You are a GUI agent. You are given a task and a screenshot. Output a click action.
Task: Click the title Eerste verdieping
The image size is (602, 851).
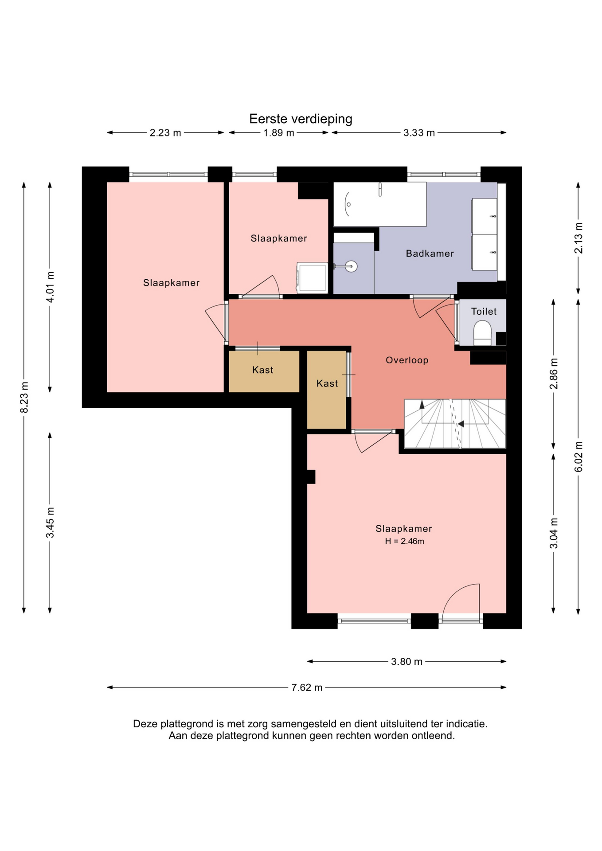(301, 119)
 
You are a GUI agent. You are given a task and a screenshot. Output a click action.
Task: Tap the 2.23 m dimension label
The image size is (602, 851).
(165, 133)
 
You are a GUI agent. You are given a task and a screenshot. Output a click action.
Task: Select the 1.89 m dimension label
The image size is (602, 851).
(279, 133)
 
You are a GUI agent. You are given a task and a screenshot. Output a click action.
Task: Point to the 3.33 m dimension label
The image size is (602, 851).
(419, 133)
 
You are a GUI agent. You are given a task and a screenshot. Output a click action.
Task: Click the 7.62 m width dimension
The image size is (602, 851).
(307, 687)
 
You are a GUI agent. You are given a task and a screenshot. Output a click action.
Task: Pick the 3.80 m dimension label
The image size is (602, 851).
(407, 662)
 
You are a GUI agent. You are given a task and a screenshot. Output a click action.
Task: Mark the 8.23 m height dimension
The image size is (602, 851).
(25, 398)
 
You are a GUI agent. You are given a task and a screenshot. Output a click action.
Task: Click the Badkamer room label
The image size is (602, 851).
(430, 254)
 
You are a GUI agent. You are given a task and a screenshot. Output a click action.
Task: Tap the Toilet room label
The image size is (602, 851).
(484, 311)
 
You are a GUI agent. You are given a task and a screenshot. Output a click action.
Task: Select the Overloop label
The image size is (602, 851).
(407, 360)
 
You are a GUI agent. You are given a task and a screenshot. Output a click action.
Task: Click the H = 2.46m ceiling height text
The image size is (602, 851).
(404, 541)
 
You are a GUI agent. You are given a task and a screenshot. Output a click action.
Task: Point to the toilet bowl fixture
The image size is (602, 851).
(483, 333)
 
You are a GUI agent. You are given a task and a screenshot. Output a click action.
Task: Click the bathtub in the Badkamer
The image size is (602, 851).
(380, 204)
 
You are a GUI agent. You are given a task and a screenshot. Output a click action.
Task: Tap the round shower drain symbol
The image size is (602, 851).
(352, 266)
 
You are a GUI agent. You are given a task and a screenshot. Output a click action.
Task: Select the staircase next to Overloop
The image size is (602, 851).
(455, 424)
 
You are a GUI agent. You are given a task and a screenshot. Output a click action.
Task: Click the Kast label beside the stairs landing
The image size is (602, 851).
(327, 383)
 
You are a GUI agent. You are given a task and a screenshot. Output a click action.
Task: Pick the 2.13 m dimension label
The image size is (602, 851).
(579, 238)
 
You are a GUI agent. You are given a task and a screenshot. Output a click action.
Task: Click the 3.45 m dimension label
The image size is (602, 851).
(51, 523)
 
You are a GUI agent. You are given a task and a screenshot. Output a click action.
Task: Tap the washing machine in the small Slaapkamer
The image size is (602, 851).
(313, 278)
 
